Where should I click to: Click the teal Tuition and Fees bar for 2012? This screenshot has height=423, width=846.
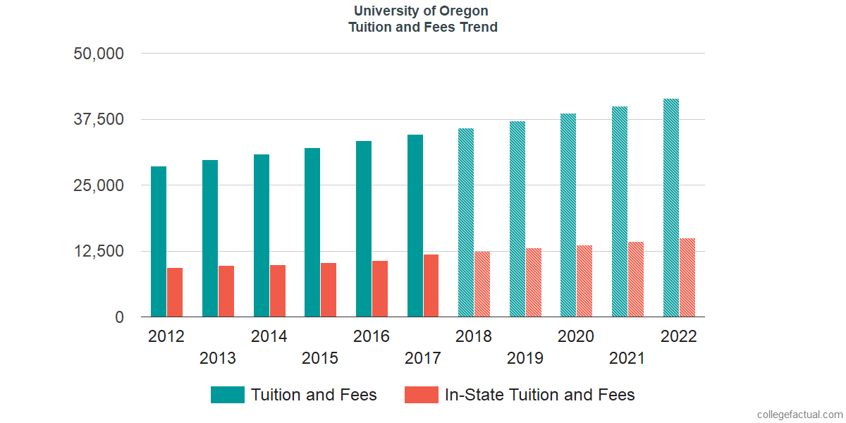159,242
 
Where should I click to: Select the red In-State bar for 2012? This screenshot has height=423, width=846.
175,293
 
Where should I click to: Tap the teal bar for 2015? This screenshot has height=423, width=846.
312,233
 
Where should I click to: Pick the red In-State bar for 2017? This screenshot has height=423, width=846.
431,286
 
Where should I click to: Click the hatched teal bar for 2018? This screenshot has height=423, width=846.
466,223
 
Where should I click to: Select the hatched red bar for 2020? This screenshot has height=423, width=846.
584,281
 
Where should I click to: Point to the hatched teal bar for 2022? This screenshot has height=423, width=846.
671,208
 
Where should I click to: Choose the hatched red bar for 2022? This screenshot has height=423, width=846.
687,278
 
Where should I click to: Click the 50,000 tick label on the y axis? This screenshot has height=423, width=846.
99,54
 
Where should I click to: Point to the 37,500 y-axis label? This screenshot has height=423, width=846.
99,119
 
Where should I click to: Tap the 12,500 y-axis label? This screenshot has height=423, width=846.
99,252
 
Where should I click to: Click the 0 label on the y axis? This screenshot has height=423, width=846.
119,318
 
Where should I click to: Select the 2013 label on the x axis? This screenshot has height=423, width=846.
218,358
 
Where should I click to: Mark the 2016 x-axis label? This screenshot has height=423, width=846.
372,336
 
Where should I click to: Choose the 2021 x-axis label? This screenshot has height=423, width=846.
627,358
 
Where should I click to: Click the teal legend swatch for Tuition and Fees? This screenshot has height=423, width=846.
227,395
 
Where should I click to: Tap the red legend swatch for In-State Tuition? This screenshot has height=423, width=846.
422,395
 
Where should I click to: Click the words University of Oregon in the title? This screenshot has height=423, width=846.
422,11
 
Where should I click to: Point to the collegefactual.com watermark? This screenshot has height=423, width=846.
799,414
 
